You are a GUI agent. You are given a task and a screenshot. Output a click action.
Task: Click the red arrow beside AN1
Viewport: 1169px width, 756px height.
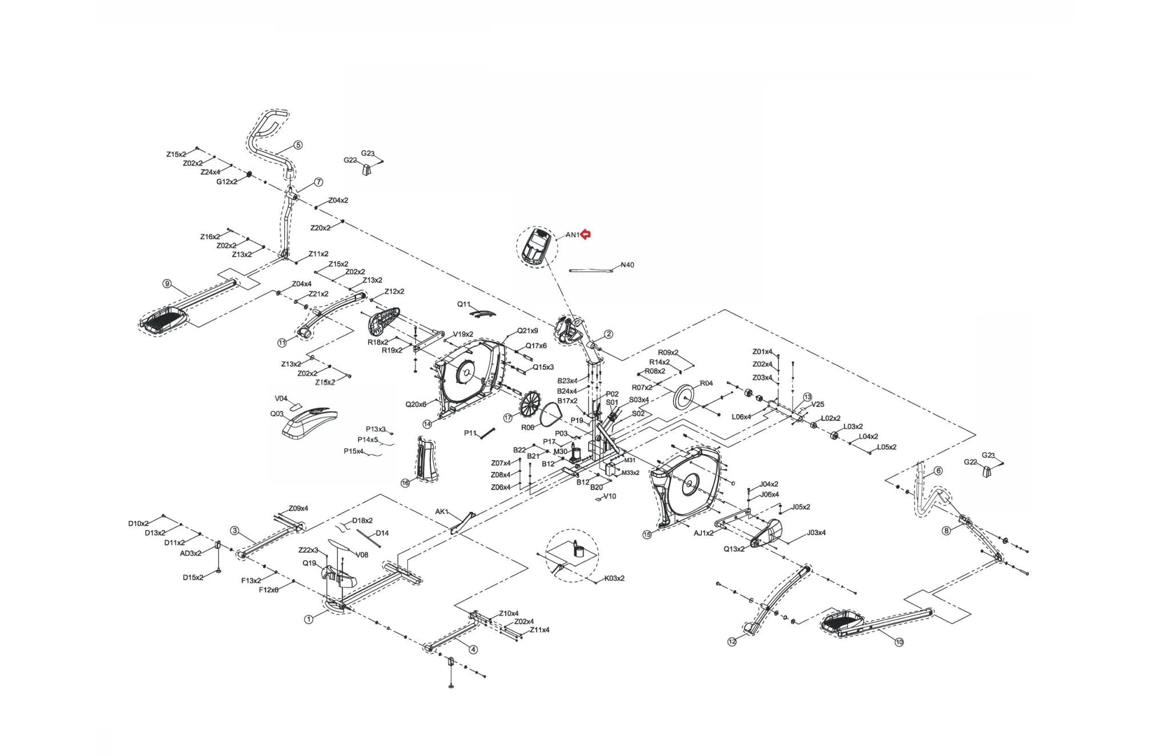click(586, 234)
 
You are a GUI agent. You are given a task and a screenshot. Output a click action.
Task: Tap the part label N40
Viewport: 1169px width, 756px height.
click(627, 265)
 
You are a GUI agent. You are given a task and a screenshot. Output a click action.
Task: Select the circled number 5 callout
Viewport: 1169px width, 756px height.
click(298, 145)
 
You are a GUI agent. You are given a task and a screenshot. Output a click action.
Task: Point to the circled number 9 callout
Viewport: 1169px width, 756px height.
click(167, 284)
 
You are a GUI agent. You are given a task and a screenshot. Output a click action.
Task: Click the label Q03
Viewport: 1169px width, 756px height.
click(277, 414)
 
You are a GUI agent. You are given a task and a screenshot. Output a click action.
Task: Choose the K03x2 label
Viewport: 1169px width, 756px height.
click(614, 578)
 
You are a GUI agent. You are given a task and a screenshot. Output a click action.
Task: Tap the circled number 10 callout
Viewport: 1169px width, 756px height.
click(899, 642)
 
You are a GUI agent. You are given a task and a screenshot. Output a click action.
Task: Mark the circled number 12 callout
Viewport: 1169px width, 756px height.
click(732, 642)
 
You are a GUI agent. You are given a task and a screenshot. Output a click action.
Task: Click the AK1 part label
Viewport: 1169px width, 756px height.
click(442, 512)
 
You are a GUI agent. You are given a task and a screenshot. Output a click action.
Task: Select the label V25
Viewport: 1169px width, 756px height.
click(817, 404)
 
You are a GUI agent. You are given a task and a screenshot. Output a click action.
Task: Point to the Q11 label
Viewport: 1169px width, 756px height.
click(463, 305)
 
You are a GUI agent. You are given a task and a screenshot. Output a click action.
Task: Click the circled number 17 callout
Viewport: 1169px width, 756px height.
click(508, 418)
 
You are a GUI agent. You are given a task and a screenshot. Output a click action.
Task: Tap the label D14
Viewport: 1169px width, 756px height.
click(382, 533)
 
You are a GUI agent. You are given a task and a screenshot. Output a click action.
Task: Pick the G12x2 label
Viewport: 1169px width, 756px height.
click(227, 181)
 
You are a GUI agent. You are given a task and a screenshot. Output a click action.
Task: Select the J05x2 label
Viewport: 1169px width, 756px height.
click(801, 507)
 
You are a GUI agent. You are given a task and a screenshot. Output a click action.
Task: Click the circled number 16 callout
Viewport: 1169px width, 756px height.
click(405, 483)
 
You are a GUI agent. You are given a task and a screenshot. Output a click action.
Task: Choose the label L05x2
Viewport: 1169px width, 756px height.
click(886, 447)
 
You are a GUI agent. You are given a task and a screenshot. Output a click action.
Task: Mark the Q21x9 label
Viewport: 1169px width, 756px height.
click(527, 330)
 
